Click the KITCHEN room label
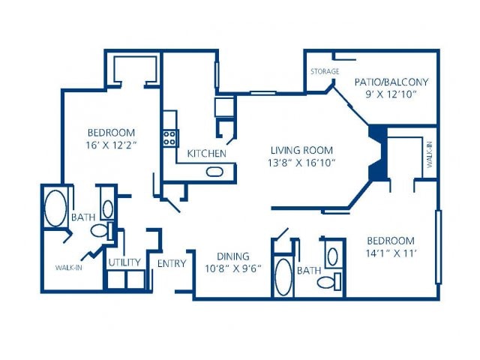(206, 154)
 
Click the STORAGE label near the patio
(325, 72)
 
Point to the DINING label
(232, 256)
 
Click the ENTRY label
(172, 263)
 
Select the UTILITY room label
(124, 262)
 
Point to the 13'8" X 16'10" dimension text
(302, 162)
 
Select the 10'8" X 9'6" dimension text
(232, 268)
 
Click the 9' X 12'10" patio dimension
(391, 95)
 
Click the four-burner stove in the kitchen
(171, 137)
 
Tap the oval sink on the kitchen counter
(215, 172)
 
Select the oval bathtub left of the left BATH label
(55, 208)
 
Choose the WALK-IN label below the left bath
(68, 267)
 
